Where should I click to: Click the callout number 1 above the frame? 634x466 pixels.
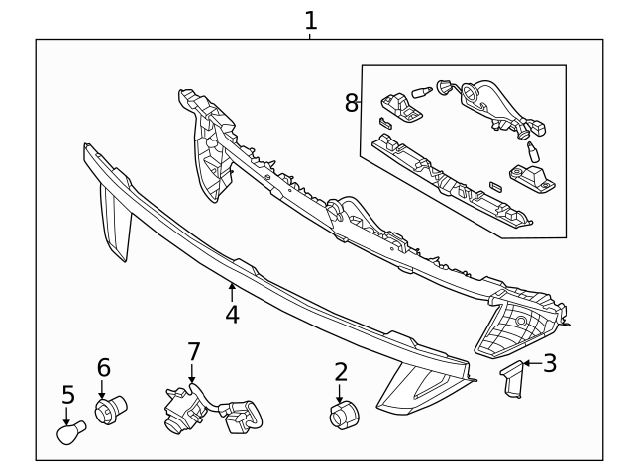click(x=310, y=20)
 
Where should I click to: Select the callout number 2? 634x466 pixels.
click(x=341, y=372)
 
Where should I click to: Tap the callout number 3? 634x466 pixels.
click(x=550, y=363)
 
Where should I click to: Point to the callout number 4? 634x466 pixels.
click(x=232, y=315)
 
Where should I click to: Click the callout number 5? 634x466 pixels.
click(x=68, y=395)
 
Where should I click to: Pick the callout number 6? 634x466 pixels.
click(x=103, y=368)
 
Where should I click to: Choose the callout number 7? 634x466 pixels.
click(x=194, y=351)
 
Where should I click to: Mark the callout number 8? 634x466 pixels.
click(x=351, y=103)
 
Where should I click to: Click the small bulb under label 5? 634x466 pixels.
click(x=71, y=432)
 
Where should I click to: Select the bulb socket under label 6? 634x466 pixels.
click(x=110, y=410)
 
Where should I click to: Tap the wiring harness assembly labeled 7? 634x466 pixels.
click(x=212, y=409)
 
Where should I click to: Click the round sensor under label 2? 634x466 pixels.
click(x=345, y=416)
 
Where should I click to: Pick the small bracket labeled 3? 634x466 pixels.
click(x=511, y=379)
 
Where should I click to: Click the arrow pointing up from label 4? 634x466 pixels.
click(x=232, y=292)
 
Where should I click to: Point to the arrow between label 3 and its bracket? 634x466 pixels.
click(x=533, y=363)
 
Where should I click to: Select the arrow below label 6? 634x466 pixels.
click(x=101, y=389)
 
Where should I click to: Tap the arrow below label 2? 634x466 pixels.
click(x=339, y=394)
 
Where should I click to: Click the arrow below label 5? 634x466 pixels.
click(x=66, y=416)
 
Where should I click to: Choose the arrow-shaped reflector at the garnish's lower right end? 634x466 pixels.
click(x=420, y=388)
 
